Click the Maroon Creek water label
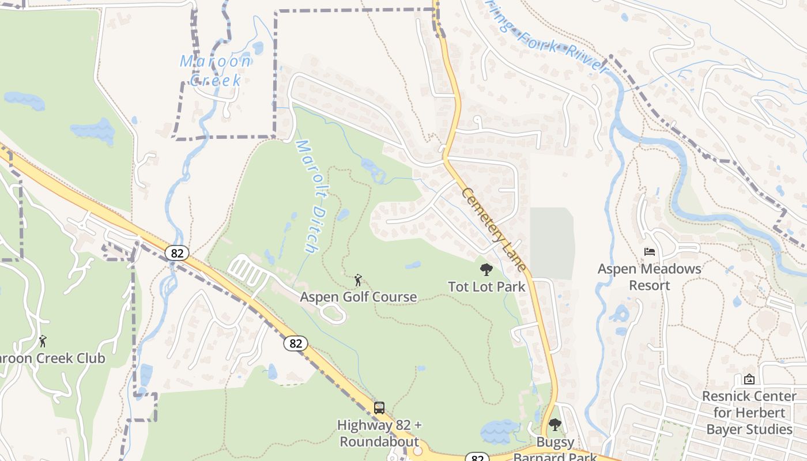216,70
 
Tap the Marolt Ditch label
307,196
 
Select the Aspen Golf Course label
358,297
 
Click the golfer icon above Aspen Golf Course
358,280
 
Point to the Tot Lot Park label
487,286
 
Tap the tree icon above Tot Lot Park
487,269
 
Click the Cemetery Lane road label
493,229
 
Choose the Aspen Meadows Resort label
649,277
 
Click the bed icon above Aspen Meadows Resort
650,252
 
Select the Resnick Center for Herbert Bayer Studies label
749,413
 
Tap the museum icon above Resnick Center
749,379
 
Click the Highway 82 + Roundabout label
379,433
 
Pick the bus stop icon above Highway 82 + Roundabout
379,408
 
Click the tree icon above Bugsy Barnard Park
555,425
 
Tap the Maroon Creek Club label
52,358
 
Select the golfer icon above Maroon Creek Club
42,341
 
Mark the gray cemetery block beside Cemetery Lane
552,243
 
